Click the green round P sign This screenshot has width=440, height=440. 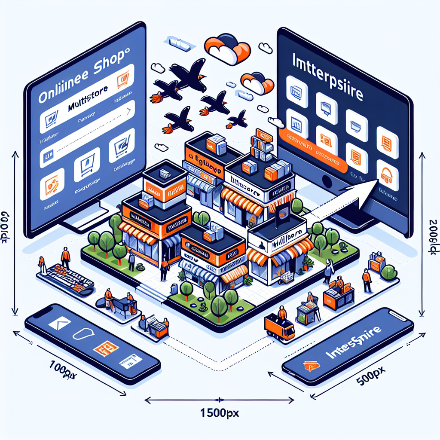pos(388,272)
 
